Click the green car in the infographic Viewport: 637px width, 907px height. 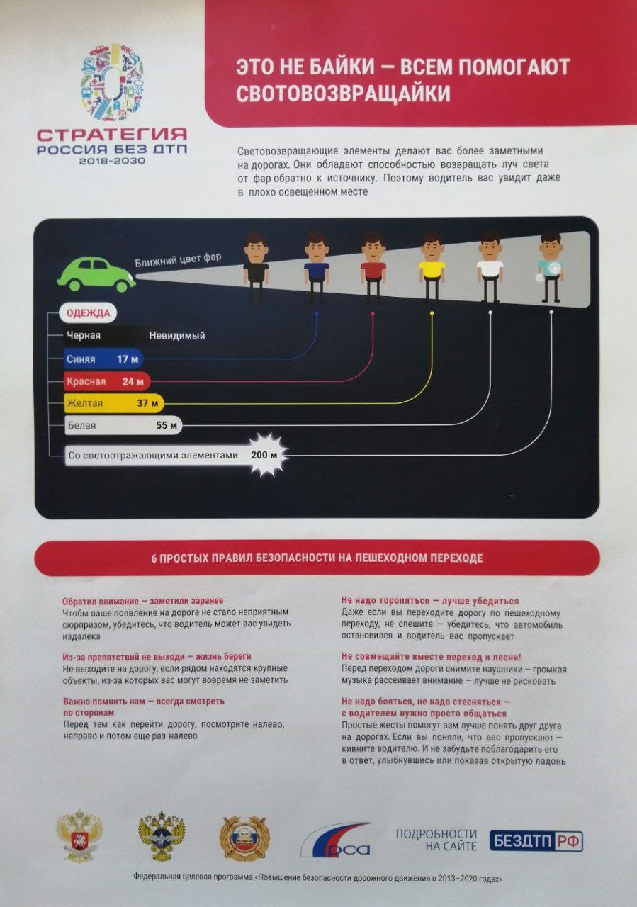(x=96, y=274)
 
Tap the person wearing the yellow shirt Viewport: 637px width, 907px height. (x=432, y=267)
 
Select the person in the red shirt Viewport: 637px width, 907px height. (x=373, y=268)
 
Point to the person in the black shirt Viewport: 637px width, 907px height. (x=256, y=268)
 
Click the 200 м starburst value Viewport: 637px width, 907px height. (x=264, y=455)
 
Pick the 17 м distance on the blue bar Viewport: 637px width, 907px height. (x=128, y=359)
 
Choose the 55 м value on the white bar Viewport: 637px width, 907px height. (x=167, y=425)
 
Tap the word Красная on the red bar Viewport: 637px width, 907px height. (x=86, y=381)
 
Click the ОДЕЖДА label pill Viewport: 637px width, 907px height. (x=89, y=313)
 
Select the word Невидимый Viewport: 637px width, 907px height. (x=177, y=336)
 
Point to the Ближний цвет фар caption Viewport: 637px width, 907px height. (x=178, y=260)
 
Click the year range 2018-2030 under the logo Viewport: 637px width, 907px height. (x=112, y=161)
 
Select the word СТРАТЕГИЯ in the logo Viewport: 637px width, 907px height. (x=112, y=135)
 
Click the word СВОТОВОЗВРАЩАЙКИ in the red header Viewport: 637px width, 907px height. (x=343, y=94)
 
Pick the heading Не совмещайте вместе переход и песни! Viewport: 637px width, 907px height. (x=431, y=657)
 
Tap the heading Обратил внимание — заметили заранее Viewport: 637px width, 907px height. (x=142, y=601)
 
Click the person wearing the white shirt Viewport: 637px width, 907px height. (x=490, y=266)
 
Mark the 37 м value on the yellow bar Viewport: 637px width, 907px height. (x=147, y=403)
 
